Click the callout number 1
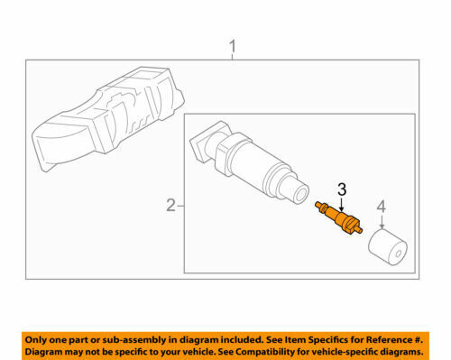(x=233, y=47)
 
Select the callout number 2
(x=170, y=206)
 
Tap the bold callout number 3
(x=342, y=189)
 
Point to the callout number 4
(x=382, y=207)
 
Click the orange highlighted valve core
(x=338, y=217)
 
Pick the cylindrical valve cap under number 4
(x=388, y=247)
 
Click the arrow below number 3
(x=341, y=204)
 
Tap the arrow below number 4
(x=382, y=222)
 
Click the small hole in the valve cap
(x=399, y=254)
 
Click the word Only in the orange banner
(x=35, y=340)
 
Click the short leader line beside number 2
(x=180, y=206)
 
